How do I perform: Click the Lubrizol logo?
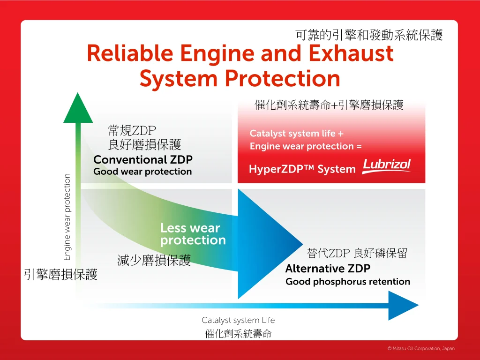tap(386, 166)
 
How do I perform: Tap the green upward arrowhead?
tap(78, 108)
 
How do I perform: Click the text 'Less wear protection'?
tap(193, 234)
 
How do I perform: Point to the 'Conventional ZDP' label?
tap(143, 159)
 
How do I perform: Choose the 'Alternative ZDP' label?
tap(328, 269)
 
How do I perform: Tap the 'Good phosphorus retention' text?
tap(348, 282)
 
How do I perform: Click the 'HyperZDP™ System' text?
tap(302, 169)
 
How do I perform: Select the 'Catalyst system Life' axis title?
tap(238, 320)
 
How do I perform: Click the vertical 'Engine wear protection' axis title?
tap(67, 217)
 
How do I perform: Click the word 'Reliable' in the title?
tap(130, 53)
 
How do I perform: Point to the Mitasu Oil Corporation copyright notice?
tap(421, 348)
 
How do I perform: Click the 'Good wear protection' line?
tap(142, 172)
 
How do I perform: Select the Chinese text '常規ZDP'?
tap(132, 131)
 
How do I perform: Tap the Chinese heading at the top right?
tap(369, 35)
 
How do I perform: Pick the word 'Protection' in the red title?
tap(283, 79)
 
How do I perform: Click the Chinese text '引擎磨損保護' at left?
tap(60, 274)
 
